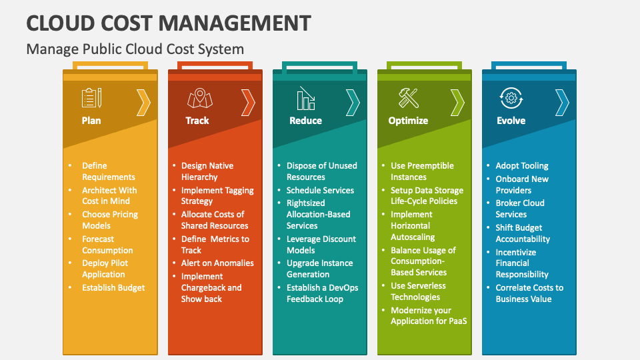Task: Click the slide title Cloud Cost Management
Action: [x=169, y=23]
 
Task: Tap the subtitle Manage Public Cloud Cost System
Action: [x=135, y=49]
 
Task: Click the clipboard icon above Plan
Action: [x=91, y=98]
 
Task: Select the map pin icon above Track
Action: [x=197, y=98]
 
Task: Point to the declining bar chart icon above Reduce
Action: [x=306, y=99]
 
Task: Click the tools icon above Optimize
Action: [x=408, y=98]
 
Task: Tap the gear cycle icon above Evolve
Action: [x=511, y=98]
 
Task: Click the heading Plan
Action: [x=91, y=121]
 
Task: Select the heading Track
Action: [x=197, y=121]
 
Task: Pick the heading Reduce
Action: [x=305, y=121]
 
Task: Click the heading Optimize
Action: [x=408, y=121]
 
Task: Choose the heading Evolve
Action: [x=511, y=121]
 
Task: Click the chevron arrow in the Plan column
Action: [x=143, y=103]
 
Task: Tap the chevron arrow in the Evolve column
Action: [x=562, y=103]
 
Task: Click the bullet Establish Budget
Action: [x=113, y=288]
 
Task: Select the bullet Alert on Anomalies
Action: [x=217, y=263]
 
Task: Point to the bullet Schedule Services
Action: [x=320, y=190]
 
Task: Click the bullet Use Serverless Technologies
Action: [x=418, y=291]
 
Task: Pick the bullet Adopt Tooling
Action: [x=522, y=165]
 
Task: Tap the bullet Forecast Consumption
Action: [x=107, y=245]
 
